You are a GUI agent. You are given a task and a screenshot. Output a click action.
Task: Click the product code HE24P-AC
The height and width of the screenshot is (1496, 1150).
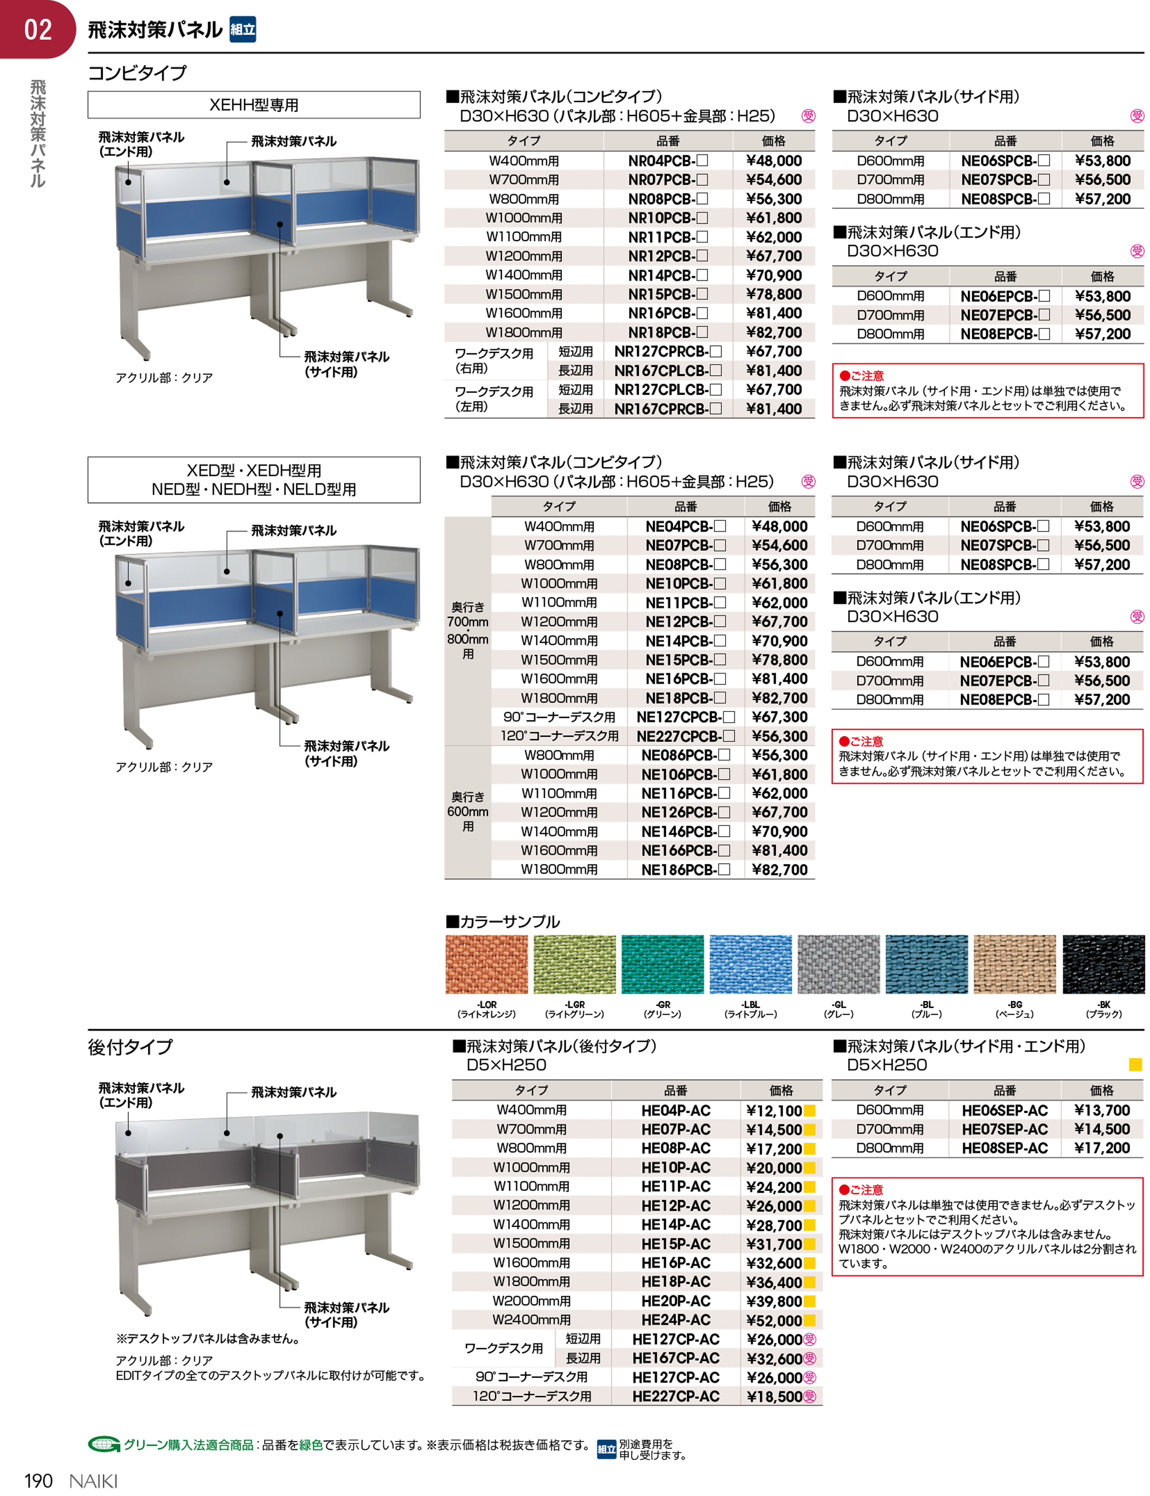click(675, 1320)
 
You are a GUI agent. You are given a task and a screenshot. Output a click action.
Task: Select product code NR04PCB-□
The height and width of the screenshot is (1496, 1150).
click(668, 161)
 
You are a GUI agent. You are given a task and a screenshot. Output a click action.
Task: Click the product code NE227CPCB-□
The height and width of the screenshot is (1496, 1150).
click(685, 736)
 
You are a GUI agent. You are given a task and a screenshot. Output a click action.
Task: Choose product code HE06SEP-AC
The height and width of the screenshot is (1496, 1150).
click(1004, 1111)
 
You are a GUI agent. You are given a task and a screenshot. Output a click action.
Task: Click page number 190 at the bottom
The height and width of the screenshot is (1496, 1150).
click(38, 1481)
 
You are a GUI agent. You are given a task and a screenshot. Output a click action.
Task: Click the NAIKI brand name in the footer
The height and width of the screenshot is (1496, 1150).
click(94, 1481)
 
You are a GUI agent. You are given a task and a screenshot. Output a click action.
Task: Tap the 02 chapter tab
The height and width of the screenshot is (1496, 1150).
click(37, 29)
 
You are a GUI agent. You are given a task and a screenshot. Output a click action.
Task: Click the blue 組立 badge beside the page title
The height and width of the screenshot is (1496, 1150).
click(242, 29)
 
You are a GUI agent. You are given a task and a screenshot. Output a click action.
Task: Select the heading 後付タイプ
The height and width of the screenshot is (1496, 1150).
click(130, 1046)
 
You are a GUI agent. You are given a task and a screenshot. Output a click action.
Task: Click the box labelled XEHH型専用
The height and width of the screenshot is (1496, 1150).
click(254, 105)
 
